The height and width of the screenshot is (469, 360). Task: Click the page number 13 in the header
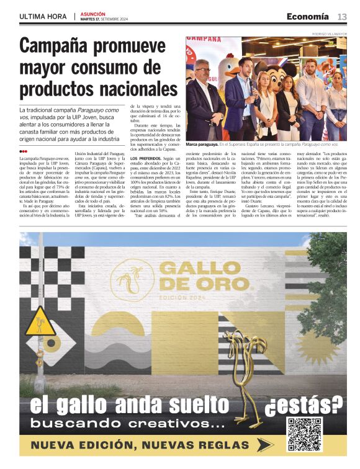click(342, 16)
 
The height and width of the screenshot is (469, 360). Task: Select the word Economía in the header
click(307, 16)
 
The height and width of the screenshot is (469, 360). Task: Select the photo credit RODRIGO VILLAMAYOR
click(328, 33)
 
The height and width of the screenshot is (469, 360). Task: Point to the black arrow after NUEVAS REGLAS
click(265, 445)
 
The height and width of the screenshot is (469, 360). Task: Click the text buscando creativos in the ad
click(127, 424)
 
